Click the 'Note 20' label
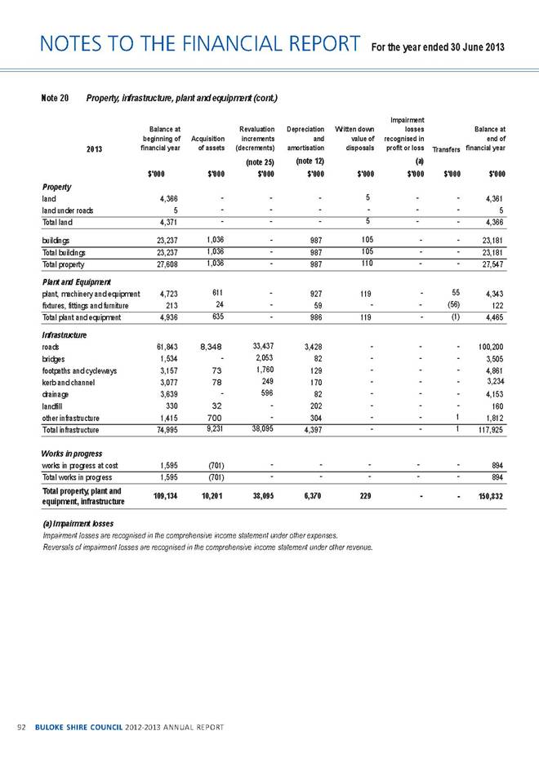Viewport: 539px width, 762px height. tap(48, 98)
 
